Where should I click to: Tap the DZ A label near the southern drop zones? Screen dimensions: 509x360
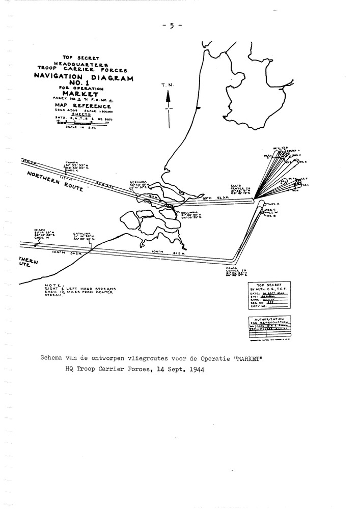[x=269, y=203]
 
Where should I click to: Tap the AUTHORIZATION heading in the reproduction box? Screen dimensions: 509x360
[x=268, y=318]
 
